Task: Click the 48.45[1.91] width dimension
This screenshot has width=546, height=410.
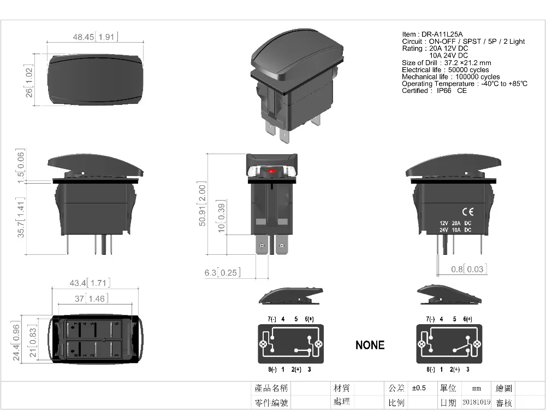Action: tap(96, 37)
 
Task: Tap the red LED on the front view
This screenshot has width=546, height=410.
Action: tap(272, 171)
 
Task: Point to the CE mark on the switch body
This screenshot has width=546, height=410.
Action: tap(468, 212)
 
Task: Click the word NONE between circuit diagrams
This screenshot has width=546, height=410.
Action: tap(370, 345)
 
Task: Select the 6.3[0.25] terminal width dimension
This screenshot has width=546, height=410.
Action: tap(222, 272)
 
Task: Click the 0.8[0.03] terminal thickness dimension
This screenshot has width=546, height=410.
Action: tap(468, 269)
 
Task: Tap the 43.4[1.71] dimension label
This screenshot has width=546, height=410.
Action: tap(90, 283)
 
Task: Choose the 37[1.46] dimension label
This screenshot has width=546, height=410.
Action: tap(91, 298)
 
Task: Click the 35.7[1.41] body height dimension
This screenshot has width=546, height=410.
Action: tap(21, 220)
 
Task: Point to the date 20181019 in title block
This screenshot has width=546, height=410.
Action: tap(477, 402)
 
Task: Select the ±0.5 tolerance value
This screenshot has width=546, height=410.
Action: tap(419, 388)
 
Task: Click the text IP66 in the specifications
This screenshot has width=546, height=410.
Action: tap(442, 91)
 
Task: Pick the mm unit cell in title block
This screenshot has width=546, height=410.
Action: tap(477, 388)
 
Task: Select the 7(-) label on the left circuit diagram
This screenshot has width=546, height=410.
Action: tap(271, 319)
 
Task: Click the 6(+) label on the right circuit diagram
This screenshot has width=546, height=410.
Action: tap(467, 319)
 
